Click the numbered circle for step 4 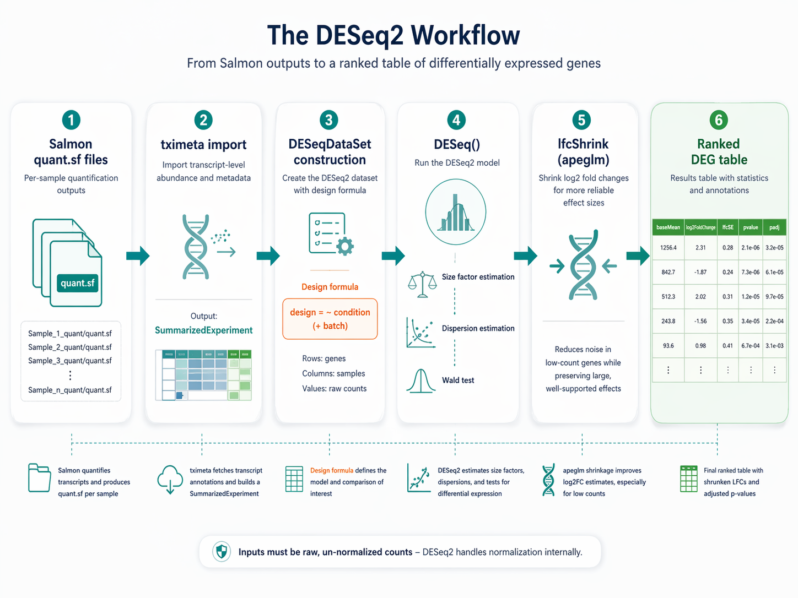click(x=456, y=120)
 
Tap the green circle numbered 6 click(x=719, y=120)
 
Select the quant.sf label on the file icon click(x=78, y=283)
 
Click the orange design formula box click(x=330, y=319)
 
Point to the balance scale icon click(x=422, y=284)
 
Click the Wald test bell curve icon click(x=420, y=380)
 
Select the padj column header click(x=774, y=227)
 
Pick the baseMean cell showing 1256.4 click(x=668, y=248)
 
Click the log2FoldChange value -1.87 click(x=700, y=272)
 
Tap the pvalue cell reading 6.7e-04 click(x=751, y=346)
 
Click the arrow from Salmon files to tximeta click(x=138, y=256)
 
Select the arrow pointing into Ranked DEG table click(x=638, y=256)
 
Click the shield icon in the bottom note click(x=222, y=552)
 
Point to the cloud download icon click(x=170, y=479)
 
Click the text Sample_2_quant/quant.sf click(x=70, y=347)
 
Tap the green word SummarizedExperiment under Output click(x=203, y=330)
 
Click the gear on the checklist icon click(x=344, y=247)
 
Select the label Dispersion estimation click(x=478, y=328)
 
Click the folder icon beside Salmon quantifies click(x=39, y=478)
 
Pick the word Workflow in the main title click(x=465, y=35)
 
